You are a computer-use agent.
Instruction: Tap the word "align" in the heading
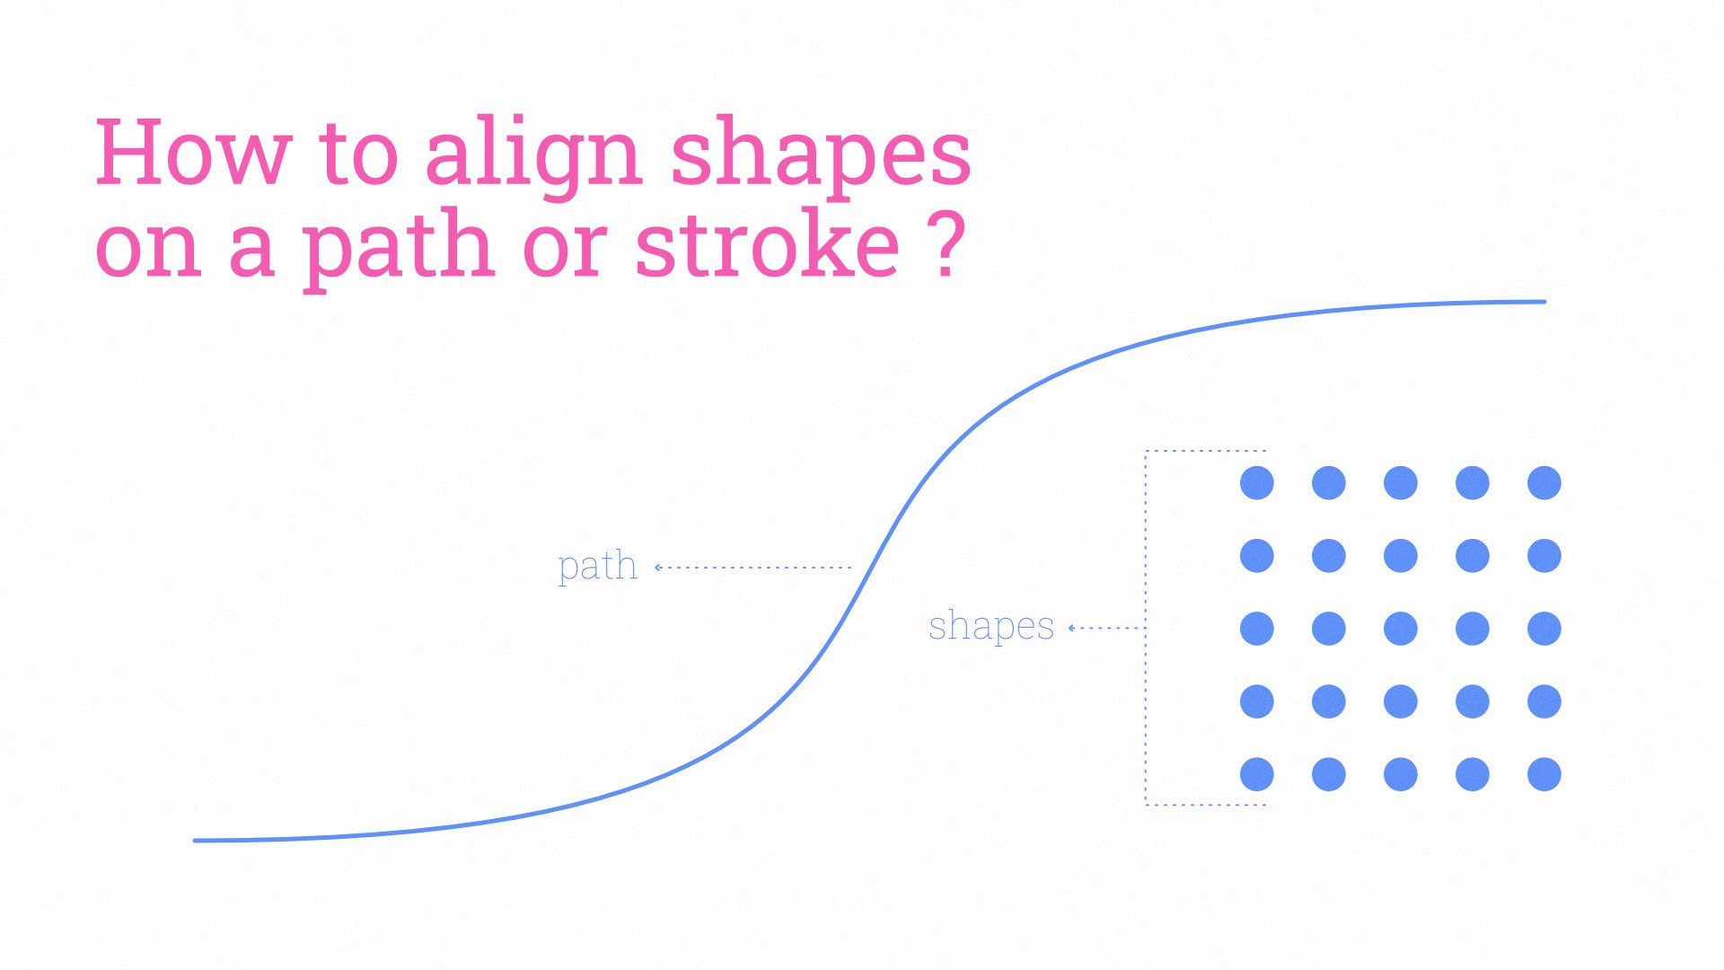pyautogui.click(x=532, y=156)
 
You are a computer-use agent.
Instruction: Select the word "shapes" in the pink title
pyautogui.click(x=821, y=156)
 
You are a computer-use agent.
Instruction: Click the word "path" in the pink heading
pyautogui.click(x=396, y=246)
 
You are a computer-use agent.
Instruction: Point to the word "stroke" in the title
pyautogui.click(x=767, y=242)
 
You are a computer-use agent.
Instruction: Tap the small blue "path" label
pyautogui.click(x=597, y=567)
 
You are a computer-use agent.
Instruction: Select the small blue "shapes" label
pyautogui.click(x=991, y=626)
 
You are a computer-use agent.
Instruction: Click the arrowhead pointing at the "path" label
pyautogui.click(x=658, y=568)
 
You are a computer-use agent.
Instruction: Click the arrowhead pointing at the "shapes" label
pyautogui.click(x=1072, y=628)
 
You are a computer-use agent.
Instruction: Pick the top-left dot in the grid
pyautogui.click(x=1257, y=483)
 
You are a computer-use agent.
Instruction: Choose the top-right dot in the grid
pyautogui.click(x=1544, y=483)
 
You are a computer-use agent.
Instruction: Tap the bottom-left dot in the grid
pyautogui.click(x=1257, y=774)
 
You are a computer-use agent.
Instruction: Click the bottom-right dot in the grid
pyautogui.click(x=1544, y=774)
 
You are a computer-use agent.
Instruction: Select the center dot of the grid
pyautogui.click(x=1401, y=629)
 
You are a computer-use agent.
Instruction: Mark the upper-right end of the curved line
pyautogui.click(x=1544, y=302)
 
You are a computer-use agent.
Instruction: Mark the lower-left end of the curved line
pyautogui.click(x=196, y=841)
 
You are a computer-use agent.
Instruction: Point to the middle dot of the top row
pyautogui.click(x=1401, y=483)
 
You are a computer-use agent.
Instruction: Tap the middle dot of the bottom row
pyautogui.click(x=1401, y=774)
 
